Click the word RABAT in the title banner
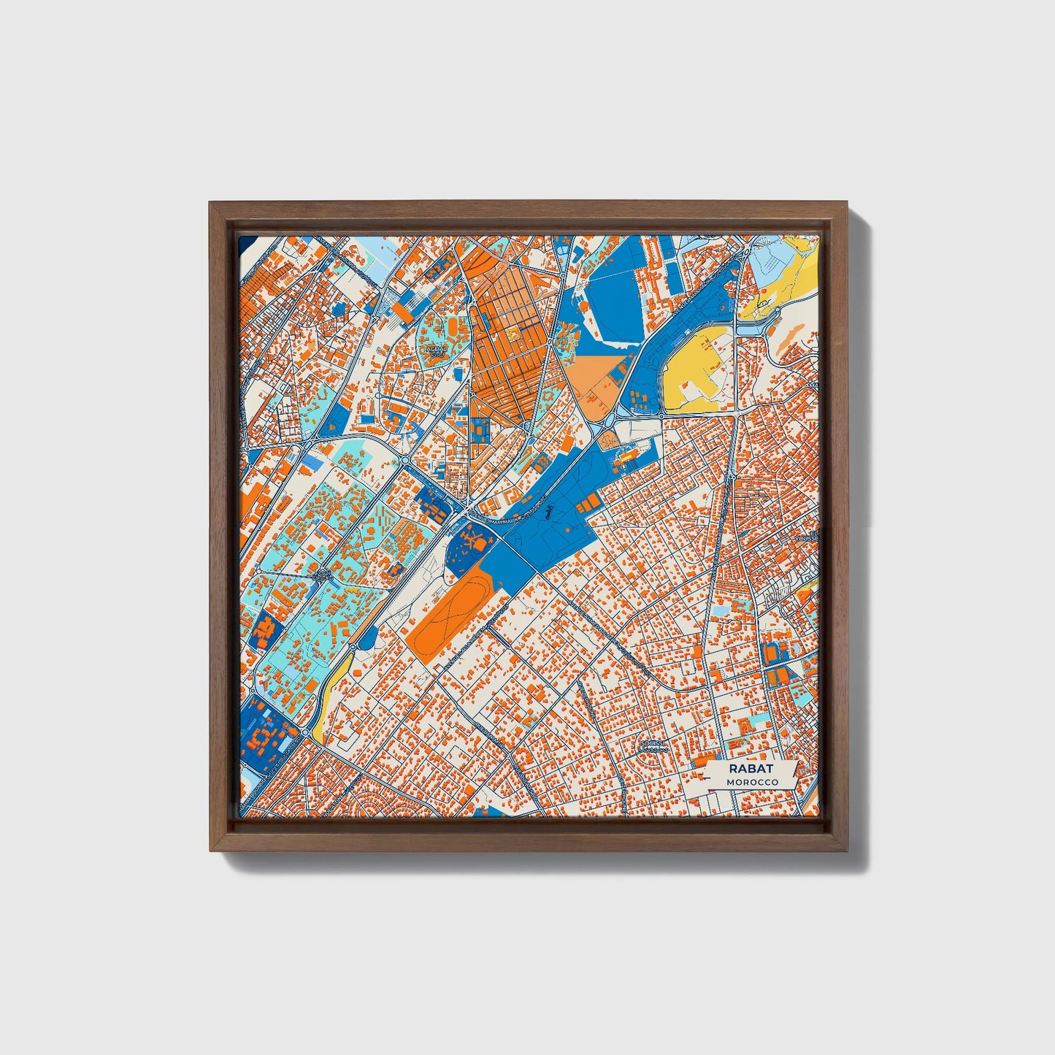coord(751,769)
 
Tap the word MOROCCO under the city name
coord(752,782)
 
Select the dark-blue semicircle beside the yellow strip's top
coord(367,640)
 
